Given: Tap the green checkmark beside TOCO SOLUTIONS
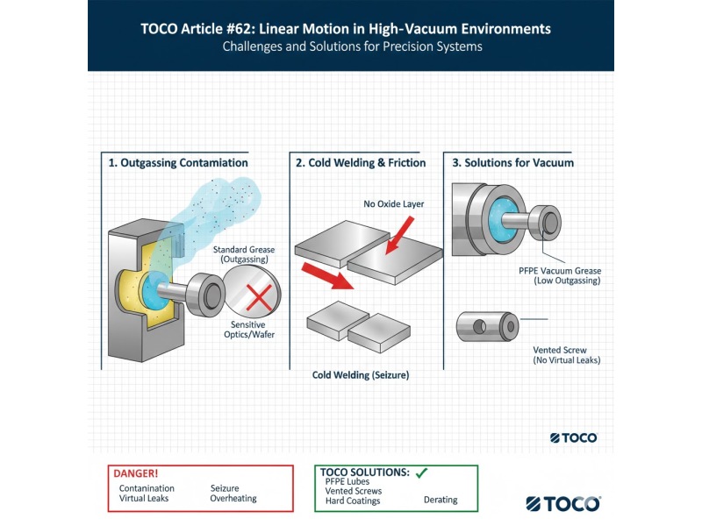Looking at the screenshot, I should coord(421,473).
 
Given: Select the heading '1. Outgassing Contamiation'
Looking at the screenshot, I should coord(178,163).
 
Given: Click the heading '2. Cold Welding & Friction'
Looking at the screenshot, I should coord(361,163).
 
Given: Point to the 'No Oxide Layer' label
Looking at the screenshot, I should coord(394,204).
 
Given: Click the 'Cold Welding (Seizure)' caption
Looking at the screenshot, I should coord(361,375).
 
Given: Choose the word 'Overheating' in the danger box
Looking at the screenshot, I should coord(233,499).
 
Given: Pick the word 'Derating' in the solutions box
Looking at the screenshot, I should coord(441,500).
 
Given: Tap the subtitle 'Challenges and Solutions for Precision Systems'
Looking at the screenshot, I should coord(351,46).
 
